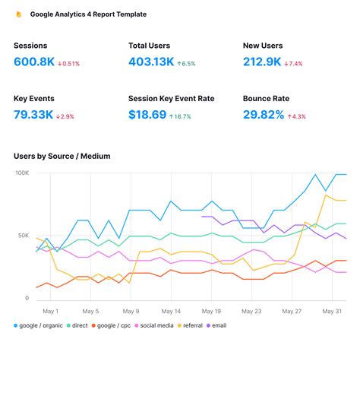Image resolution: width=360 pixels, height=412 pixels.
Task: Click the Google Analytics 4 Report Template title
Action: click(x=88, y=14)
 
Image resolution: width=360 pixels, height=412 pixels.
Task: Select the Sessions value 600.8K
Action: click(x=33, y=62)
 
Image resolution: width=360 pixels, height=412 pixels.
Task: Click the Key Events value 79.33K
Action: click(x=33, y=115)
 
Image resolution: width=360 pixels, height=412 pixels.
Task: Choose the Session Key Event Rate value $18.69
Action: click(x=147, y=115)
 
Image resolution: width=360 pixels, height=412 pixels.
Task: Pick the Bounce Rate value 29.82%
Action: click(x=264, y=115)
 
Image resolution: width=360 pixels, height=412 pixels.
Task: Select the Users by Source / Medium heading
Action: click(x=62, y=157)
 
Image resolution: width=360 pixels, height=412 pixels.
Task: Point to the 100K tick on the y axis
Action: click(x=22, y=173)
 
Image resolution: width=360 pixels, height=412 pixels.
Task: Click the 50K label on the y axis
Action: click(x=23, y=236)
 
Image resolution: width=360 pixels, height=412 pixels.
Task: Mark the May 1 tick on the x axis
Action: click(x=51, y=311)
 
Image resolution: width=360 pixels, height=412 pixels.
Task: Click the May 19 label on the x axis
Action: click(x=212, y=311)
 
